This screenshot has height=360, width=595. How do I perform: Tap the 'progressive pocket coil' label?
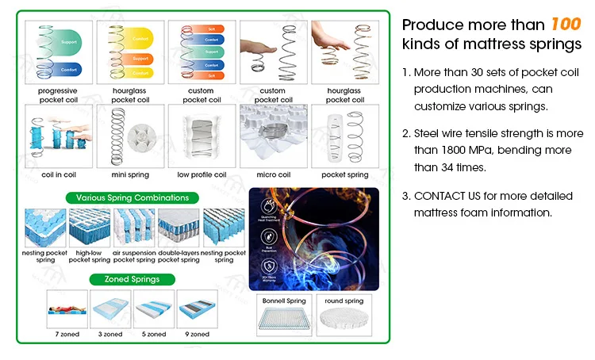[58, 95]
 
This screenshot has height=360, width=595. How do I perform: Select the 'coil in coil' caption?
[57, 174]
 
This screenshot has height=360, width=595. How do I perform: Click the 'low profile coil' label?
[202, 174]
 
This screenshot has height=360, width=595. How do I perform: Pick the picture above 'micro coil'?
[273, 136]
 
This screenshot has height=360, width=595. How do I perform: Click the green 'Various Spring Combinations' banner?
[132, 197]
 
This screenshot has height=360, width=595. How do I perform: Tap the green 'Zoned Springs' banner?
[132, 279]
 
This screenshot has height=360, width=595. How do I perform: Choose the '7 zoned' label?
[67, 335]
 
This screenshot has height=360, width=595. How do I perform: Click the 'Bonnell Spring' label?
[283, 301]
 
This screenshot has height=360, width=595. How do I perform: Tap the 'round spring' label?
[344, 301]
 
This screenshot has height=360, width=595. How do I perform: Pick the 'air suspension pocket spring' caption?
[134, 256]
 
